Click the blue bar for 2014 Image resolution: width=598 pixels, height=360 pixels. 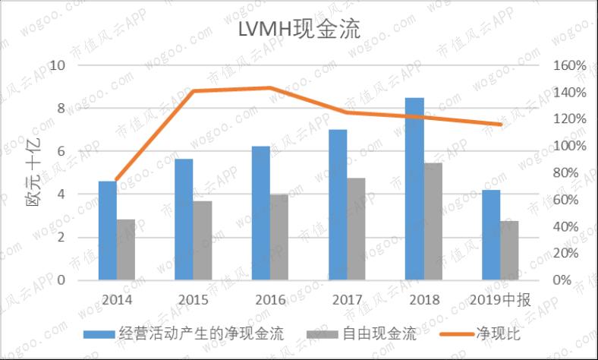click(x=108, y=231)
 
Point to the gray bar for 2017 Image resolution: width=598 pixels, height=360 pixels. click(x=357, y=229)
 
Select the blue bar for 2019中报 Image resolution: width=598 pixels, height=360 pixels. click(x=491, y=235)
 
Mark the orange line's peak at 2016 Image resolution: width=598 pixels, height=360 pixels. click(x=270, y=88)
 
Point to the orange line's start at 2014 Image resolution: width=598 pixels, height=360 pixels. click(x=117, y=180)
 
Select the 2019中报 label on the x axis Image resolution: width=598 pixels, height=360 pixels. click(x=500, y=299)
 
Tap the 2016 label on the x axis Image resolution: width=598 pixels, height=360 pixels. click(x=270, y=299)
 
